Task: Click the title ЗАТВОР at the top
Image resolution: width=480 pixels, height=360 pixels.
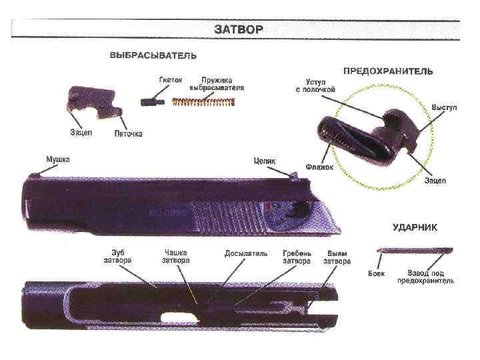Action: [x=239, y=29]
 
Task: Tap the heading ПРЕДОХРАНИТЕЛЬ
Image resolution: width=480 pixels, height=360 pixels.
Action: [x=388, y=69]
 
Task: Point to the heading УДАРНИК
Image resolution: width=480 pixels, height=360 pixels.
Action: [x=415, y=227]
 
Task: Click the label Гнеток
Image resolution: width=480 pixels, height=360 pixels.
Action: [x=171, y=79]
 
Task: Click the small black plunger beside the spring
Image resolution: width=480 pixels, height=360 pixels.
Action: [x=153, y=101]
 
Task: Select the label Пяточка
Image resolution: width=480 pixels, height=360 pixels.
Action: [x=128, y=133]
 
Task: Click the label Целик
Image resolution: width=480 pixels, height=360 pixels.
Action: [x=265, y=160]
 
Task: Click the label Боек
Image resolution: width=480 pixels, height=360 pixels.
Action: [x=377, y=273]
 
